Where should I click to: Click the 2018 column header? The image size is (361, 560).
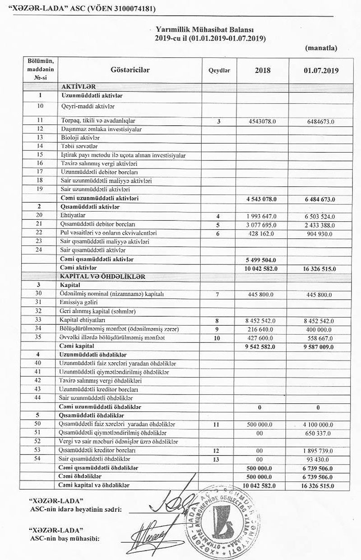[x=262, y=71]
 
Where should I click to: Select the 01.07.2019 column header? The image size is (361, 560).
[x=321, y=71]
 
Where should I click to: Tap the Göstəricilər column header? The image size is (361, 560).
[x=130, y=70]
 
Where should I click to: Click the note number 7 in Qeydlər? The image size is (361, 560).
[x=218, y=294]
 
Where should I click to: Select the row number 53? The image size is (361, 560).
[x=40, y=450]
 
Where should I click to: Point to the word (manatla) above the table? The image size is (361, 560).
[x=321, y=47]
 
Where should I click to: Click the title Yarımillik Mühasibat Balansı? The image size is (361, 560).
[x=210, y=29]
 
